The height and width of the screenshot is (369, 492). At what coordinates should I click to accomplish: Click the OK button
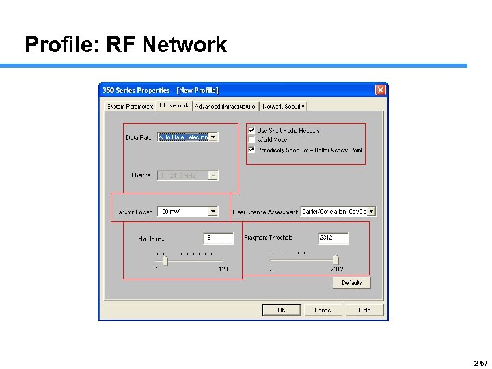pos(281,310)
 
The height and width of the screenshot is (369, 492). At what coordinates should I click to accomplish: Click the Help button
pos(365,310)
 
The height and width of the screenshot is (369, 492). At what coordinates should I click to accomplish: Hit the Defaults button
pos(352,282)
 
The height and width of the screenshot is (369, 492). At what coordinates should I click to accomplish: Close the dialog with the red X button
pos(381,90)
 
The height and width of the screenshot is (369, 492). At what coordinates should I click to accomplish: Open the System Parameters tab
pos(130,106)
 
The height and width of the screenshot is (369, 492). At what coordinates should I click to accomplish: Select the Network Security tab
pos(284,106)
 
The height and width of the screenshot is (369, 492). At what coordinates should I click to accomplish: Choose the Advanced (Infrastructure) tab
pos(225,106)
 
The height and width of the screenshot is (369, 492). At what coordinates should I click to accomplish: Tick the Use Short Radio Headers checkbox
pos(251,130)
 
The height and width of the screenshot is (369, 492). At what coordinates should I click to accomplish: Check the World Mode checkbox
pos(251,140)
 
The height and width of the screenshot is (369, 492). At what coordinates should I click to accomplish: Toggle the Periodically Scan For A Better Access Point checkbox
pos(251,150)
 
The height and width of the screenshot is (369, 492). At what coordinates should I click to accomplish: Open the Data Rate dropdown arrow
pos(213,137)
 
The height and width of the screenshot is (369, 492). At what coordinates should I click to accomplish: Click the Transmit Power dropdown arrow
pos(213,212)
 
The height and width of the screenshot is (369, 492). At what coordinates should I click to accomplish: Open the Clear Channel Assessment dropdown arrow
pos(371,212)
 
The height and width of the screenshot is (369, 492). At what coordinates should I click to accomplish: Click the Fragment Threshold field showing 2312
pos(333,238)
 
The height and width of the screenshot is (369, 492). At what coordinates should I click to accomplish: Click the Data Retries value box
pos(217,238)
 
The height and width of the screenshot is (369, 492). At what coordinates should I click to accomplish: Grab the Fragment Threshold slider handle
pos(336,260)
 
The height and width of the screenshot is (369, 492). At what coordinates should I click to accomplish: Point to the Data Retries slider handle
pos(164,260)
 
